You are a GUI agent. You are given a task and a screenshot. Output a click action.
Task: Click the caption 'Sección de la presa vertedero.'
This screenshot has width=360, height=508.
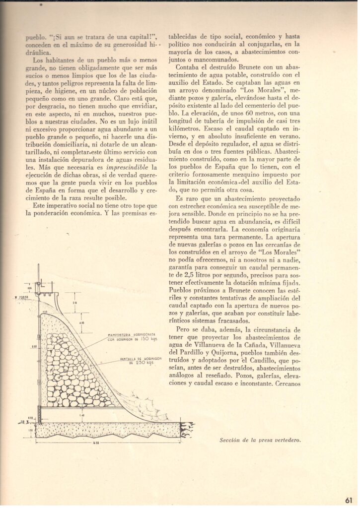coord(260,440)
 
